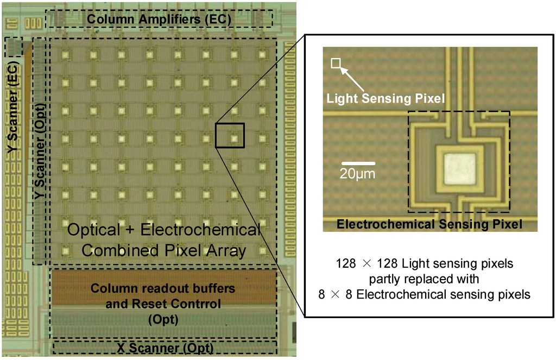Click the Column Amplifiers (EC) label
tap(159, 20)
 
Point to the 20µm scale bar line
tap(358, 163)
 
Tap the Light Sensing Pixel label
tap(385, 98)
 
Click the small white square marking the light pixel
tap(336, 64)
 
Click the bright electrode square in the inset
tap(459, 169)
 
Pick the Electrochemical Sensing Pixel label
tap(429, 224)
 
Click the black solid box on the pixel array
tap(230, 135)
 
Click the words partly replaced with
tap(424, 280)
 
